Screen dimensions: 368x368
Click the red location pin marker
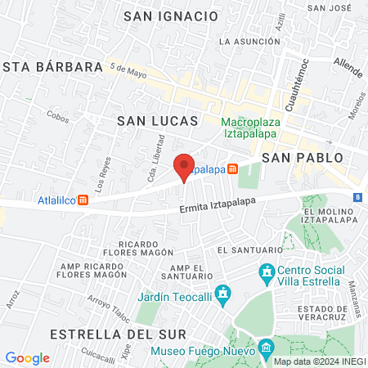(x=185, y=167)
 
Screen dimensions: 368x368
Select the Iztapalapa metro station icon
(x=233, y=169)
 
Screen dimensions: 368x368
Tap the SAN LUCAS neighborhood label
(x=158, y=120)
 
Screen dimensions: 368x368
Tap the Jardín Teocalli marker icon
(x=227, y=292)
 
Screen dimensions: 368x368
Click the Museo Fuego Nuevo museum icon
(x=267, y=350)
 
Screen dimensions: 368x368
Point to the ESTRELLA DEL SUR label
(x=118, y=334)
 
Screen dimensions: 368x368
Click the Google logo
(x=27, y=358)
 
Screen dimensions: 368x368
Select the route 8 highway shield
(x=358, y=197)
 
